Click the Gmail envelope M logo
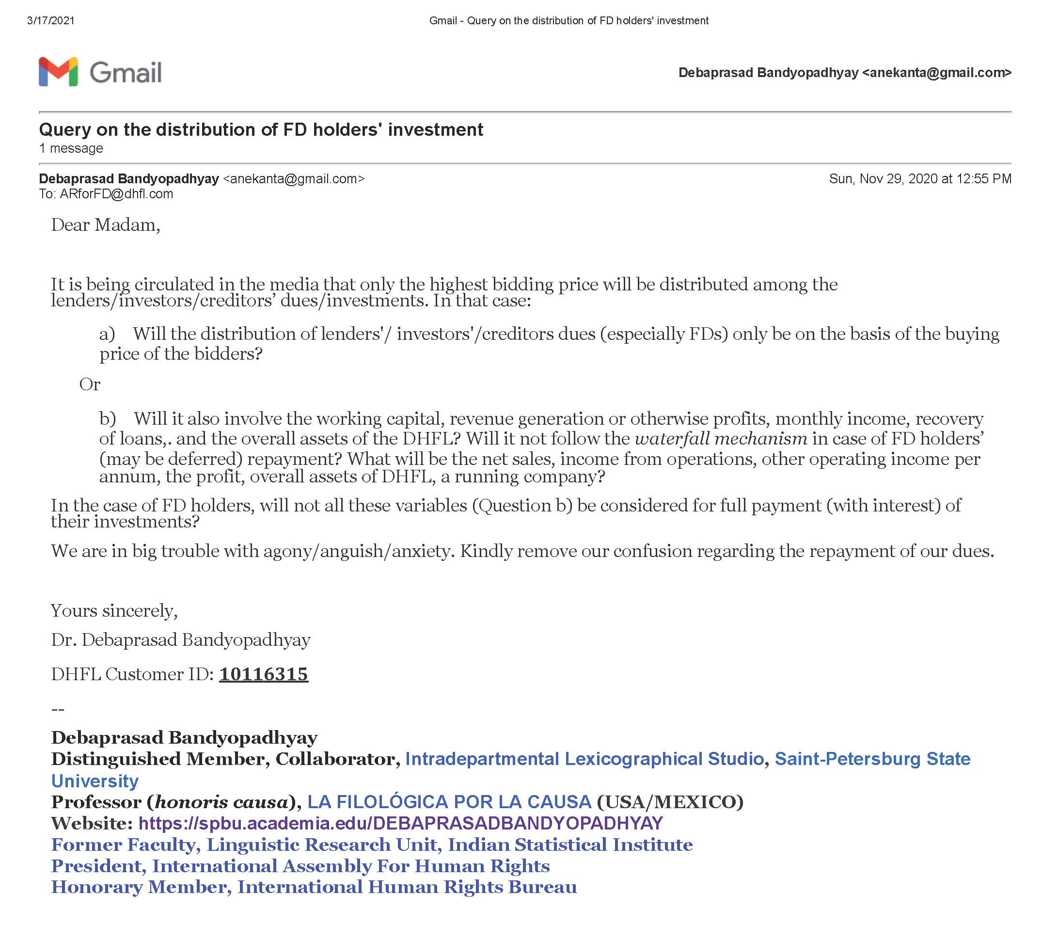coord(58,72)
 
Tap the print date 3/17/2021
coord(50,21)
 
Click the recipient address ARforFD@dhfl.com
coord(116,194)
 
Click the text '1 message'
coord(71,149)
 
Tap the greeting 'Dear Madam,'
coord(105,225)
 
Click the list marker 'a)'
coord(107,334)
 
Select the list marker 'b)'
coord(107,418)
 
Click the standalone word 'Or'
coord(90,384)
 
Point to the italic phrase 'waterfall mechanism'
coord(721,439)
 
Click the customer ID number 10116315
coord(263,674)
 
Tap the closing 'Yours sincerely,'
coord(114,611)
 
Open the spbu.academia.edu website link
coord(400,823)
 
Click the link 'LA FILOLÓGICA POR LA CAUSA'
coord(449,802)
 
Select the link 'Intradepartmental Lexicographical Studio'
coord(584,759)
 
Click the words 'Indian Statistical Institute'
coord(570,845)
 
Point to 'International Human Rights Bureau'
coord(407,887)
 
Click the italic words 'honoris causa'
coord(221,802)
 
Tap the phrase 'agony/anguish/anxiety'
coord(359,551)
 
